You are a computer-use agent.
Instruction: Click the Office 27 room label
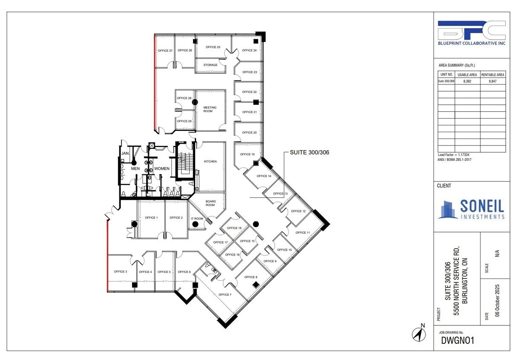coord(165,51)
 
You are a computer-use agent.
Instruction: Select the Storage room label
coord(210,65)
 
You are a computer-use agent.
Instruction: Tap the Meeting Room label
coord(210,109)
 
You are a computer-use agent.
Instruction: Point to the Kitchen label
coord(210,161)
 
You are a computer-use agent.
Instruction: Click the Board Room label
coord(210,203)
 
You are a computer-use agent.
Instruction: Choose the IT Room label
coord(197,218)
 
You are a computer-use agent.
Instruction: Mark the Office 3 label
coord(120,271)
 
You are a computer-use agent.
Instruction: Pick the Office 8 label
coord(251,277)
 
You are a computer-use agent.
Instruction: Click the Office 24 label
coord(249,50)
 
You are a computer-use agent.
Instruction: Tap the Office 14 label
coord(264,176)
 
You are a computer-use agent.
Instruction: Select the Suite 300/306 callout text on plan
coord(309,152)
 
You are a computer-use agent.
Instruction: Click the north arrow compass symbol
coord(419,334)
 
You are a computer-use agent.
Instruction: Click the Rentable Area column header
coord(493,75)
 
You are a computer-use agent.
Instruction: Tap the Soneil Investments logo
coord(472,209)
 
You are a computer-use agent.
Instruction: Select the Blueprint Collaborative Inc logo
coord(472,33)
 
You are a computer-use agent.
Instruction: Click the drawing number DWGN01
coord(458,340)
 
